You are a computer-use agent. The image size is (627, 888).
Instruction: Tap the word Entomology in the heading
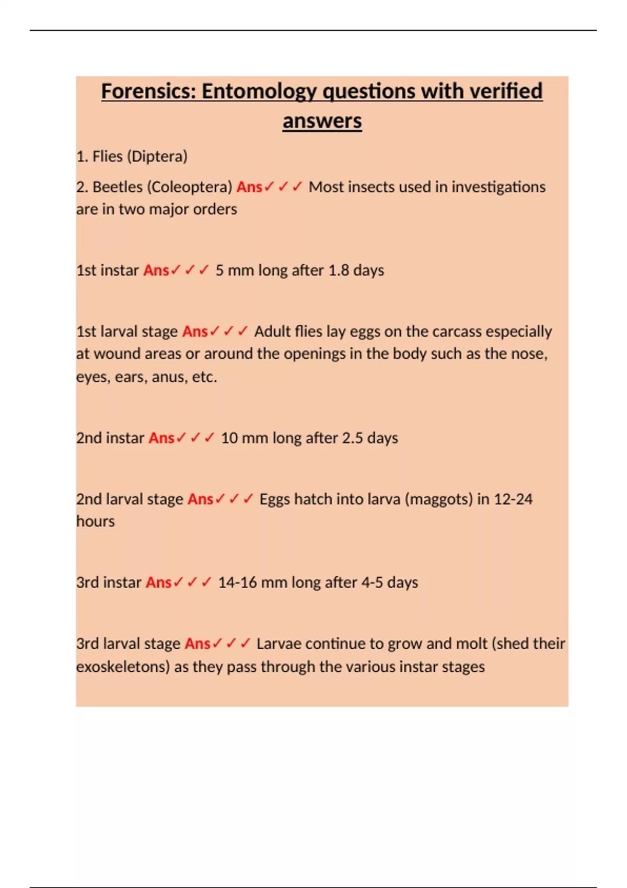coord(259,91)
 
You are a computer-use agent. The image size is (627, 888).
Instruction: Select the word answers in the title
coord(322,121)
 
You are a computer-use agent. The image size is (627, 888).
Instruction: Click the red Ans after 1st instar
coord(156,270)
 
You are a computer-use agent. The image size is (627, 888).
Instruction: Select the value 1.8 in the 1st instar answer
coord(339,270)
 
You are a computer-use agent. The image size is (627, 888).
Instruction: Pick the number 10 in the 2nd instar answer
coord(229,438)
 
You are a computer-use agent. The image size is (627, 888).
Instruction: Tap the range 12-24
coord(513,499)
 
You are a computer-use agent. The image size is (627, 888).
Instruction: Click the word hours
coord(95,521)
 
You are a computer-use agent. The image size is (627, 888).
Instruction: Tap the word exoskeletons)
coord(123,667)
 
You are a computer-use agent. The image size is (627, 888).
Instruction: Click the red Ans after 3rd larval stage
coord(198,644)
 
